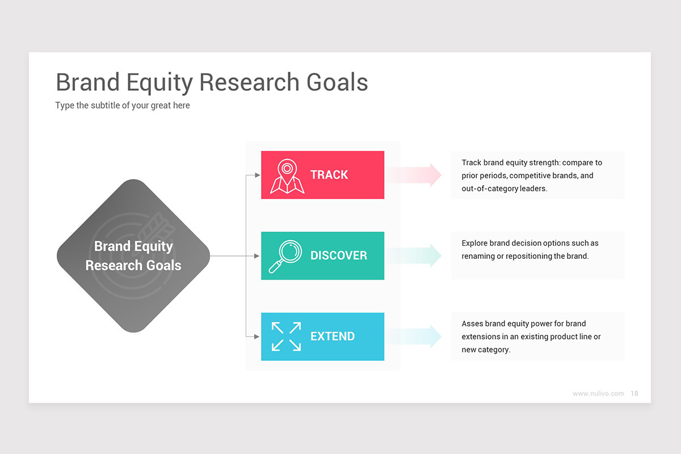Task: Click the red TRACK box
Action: tap(322, 175)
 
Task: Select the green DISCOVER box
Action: tap(322, 255)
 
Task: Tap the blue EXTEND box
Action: tap(322, 337)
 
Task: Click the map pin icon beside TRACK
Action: tap(287, 176)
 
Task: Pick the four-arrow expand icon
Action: tap(286, 337)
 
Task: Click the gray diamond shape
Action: tap(133, 255)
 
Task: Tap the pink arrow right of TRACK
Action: tap(417, 175)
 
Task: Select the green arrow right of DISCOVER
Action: tap(417, 255)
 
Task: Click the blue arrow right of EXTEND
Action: tap(417, 337)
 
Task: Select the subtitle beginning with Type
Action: tap(123, 106)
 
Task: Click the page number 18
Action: tap(634, 393)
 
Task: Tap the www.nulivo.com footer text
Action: tap(598, 393)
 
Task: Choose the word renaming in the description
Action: tap(478, 256)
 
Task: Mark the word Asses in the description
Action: tap(472, 323)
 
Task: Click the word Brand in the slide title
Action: tap(88, 82)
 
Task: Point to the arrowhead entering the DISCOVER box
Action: tap(257, 256)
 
